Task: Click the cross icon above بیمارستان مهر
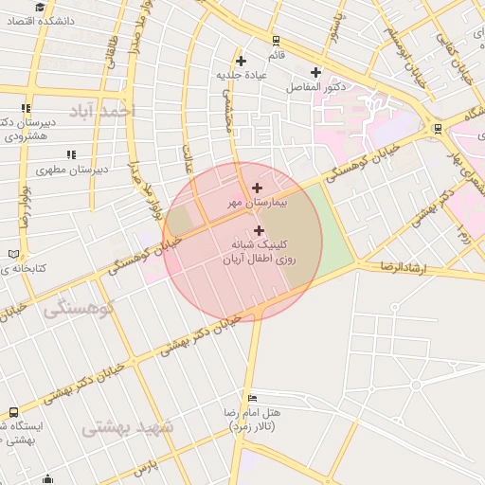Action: [x=258, y=188]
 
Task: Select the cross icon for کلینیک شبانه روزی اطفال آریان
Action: [x=259, y=230]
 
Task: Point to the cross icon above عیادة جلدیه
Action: [x=242, y=61]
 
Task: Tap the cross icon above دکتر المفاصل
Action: [x=315, y=72]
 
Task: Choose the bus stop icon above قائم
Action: [x=276, y=41]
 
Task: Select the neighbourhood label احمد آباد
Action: [x=104, y=112]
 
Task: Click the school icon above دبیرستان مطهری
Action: [x=70, y=154]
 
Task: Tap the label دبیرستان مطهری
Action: [x=71, y=170]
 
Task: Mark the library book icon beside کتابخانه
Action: [x=12, y=254]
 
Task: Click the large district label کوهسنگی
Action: [x=80, y=308]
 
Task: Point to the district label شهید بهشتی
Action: [x=128, y=427]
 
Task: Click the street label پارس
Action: [x=142, y=468]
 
